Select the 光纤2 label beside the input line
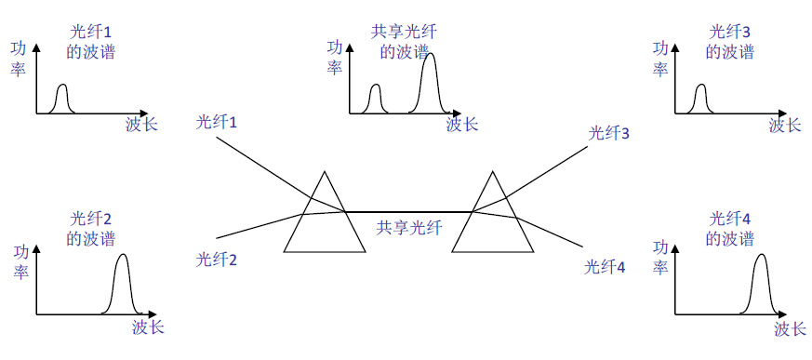[217, 260]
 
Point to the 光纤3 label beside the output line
[609, 133]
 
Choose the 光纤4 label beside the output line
[606, 268]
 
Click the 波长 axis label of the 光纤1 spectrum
[141, 125]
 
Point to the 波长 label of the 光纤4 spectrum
[791, 328]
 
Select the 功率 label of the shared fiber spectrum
[336, 58]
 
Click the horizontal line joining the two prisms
[409, 212]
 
